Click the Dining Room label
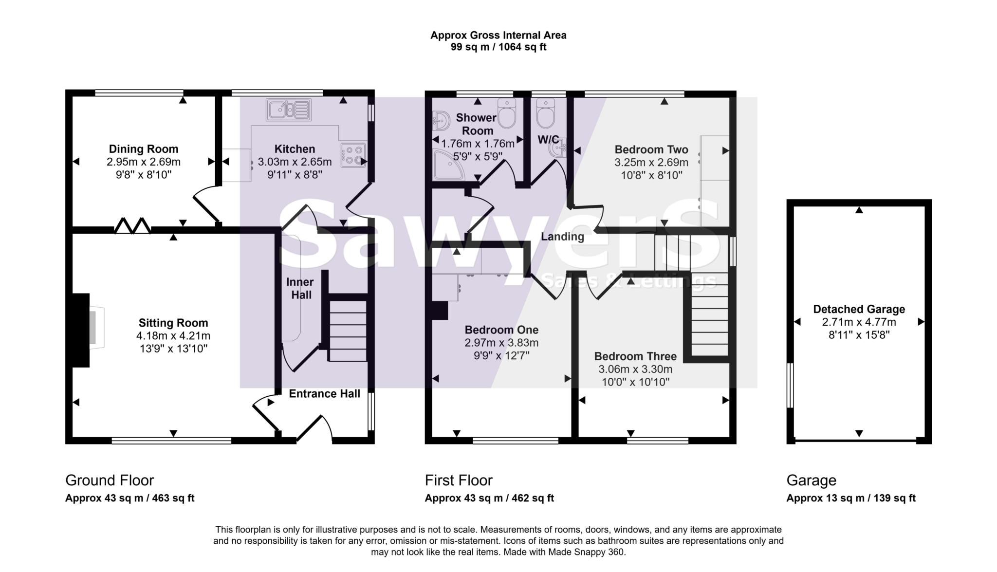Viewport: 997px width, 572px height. [143, 149]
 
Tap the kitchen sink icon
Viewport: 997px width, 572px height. [288, 110]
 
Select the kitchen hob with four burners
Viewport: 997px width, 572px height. [353, 155]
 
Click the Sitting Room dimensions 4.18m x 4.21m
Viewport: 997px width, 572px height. [173, 336]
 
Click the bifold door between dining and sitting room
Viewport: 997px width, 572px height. [132, 226]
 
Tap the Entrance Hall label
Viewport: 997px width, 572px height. [324, 394]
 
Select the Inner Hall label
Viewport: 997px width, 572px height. [300, 288]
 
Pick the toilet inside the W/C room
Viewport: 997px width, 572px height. [545, 113]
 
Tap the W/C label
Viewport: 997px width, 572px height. [548, 140]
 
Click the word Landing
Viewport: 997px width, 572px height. [562, 237]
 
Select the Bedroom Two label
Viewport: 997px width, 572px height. [651, 149]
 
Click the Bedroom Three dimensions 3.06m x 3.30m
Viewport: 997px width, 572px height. [635, 369]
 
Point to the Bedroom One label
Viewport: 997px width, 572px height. [501, 330]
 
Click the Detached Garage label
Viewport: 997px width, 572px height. [859, 309]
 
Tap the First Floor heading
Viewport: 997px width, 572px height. [459, 480]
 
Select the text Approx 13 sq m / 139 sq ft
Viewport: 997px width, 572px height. [851, 498]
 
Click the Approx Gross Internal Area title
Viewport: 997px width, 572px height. [498, 35]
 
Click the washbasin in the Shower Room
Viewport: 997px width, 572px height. [441, 120]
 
